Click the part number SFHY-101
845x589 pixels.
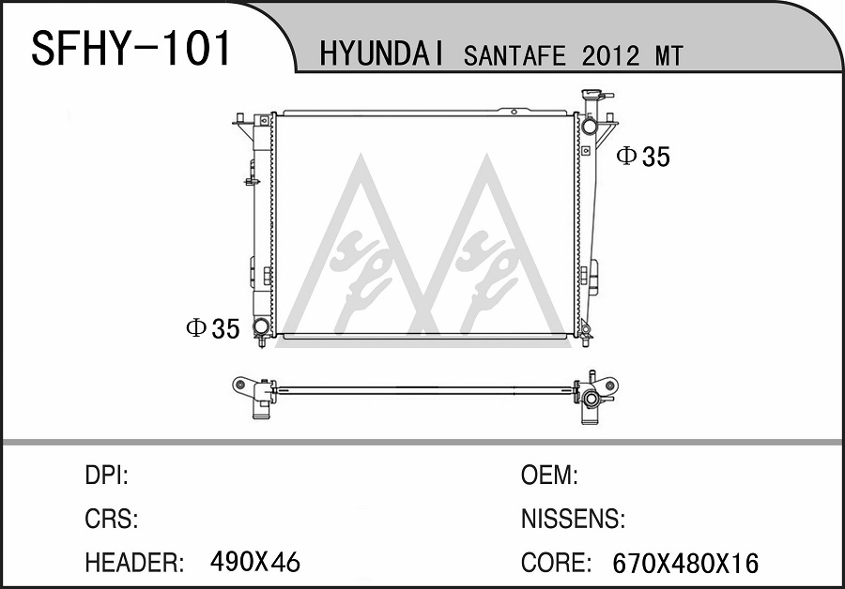[131, 48]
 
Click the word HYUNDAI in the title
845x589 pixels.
[381, 55]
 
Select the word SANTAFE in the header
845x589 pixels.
[515, 56]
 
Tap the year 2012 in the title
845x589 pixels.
[610, 56]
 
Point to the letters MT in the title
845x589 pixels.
[669, 56]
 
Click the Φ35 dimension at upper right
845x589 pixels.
[643, 156]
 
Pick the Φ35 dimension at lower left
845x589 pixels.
[213, 328]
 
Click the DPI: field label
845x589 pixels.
[107, 476]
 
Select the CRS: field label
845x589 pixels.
[112, 519]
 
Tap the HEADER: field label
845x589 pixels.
[134, 563]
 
